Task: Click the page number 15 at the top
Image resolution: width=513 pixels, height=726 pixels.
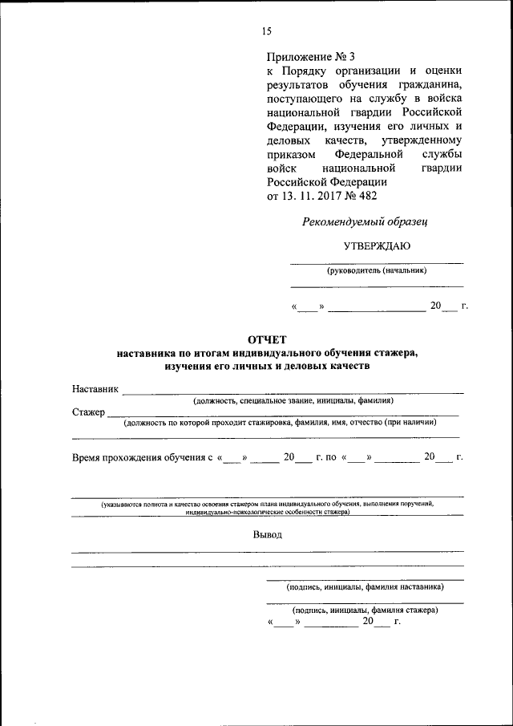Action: click(266, 31)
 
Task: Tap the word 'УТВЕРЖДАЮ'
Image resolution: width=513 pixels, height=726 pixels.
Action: click(377, 246)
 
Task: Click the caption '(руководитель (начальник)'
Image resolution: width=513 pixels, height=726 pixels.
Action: click(376, 270)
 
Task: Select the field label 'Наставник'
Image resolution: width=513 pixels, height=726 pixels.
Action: click(95, 389)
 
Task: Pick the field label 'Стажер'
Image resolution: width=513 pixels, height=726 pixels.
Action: click(88, 412)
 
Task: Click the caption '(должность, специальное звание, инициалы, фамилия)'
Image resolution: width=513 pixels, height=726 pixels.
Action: click(293, 400)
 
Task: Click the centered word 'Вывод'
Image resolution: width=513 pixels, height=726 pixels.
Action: click(267, 535)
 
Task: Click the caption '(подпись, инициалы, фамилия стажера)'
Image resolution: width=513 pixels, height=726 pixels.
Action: click(365, 610)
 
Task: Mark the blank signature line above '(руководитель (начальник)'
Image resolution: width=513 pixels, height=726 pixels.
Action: click(376, 262)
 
